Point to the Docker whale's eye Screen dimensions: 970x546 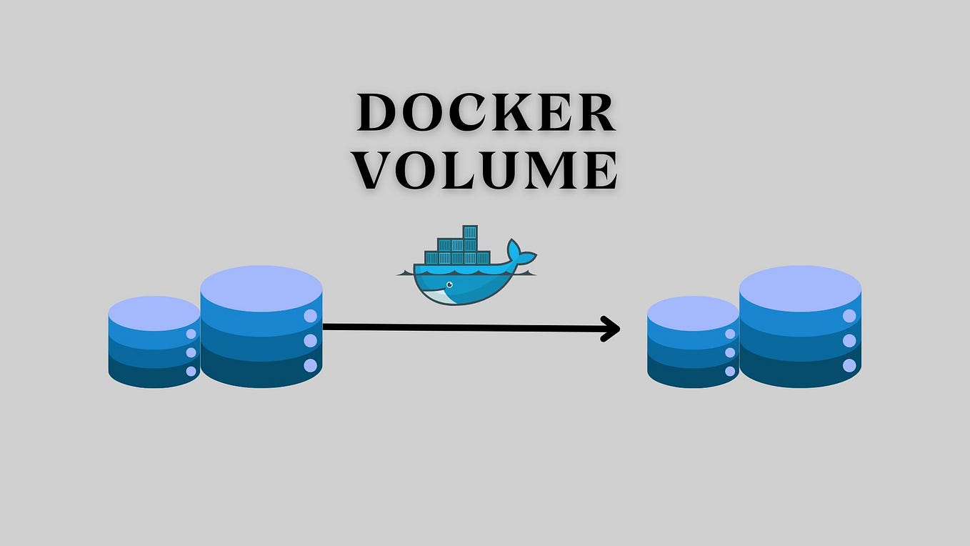pos(448,284)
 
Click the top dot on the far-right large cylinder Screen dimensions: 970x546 pos(849,316)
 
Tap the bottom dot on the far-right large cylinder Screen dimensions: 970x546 pos(849,366)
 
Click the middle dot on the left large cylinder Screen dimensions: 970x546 pos(310,341)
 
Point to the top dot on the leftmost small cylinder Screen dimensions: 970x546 pos(191,334)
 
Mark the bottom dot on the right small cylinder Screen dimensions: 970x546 pos(730,371)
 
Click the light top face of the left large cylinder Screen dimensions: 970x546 pos(261,287)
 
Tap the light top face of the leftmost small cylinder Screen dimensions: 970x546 pos(154,312)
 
